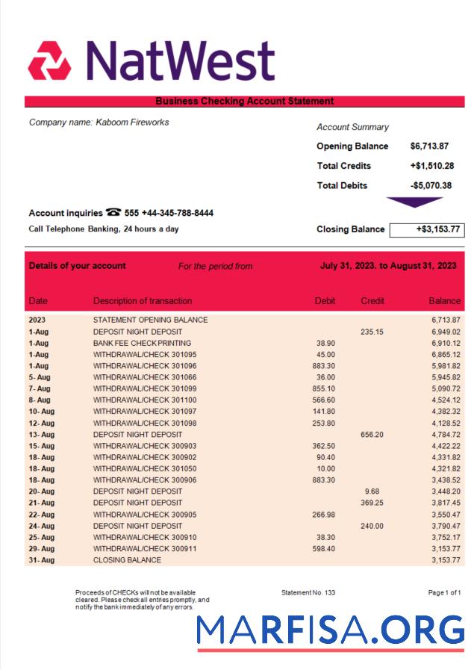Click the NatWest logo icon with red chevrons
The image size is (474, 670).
[49, 61]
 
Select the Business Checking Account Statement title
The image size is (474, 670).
[244, 102]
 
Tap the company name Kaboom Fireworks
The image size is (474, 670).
[99, 122]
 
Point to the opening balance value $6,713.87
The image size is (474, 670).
[429, 146]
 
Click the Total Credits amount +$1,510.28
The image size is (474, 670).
[431, 166]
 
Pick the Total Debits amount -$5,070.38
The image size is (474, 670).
[431, 186]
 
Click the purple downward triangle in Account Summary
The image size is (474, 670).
[414, 202]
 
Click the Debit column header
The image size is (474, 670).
[325, 301]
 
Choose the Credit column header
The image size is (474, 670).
[372, 301]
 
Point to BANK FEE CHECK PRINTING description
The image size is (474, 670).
[142, 343]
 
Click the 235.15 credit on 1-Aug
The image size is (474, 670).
[371, 332]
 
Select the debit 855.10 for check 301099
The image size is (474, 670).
[324, 388]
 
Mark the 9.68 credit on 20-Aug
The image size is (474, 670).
[371, 491]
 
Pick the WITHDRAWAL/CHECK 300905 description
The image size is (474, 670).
[145, 515]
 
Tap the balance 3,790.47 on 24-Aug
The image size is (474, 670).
[445, 526]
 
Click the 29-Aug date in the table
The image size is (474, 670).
[41, 549]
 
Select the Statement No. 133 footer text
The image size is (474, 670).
[308, 593]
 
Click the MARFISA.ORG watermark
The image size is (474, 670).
[330, 630]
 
